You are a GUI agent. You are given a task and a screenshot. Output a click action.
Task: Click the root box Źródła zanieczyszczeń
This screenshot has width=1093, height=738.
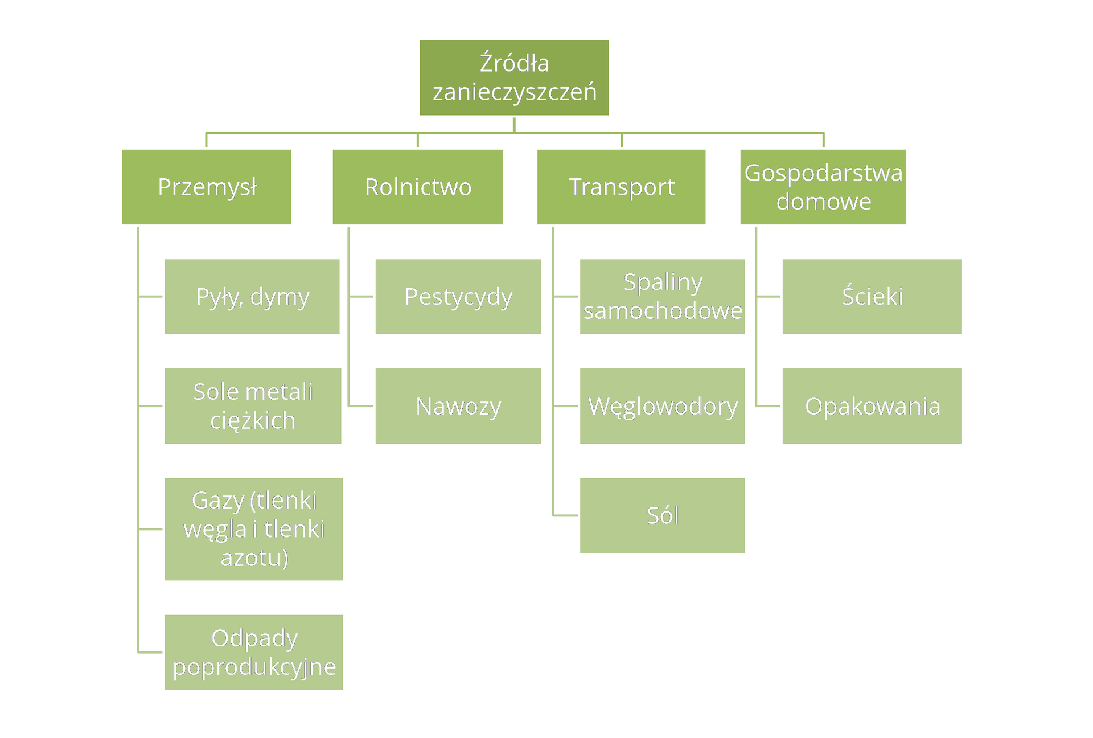(x=514, y=77)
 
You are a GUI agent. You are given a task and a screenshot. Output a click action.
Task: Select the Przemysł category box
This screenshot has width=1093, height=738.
(x=207, y=187)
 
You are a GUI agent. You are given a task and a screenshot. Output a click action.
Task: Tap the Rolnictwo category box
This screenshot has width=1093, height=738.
(x=417, y=187)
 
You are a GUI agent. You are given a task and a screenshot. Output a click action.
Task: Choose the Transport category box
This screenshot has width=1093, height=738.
(x=621, y=187)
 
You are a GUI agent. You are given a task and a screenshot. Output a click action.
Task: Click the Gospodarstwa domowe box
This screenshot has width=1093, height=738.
(x=823, y=187)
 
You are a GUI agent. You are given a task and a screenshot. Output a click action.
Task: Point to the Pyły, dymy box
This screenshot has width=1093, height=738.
(x=252, y=297)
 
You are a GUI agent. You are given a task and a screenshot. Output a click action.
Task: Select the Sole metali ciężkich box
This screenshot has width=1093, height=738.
(x=253, y=406)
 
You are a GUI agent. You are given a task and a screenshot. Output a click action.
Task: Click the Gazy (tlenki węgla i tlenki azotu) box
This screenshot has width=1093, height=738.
(x=253, y=529)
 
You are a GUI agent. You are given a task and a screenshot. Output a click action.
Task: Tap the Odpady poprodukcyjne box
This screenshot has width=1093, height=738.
(x=253, y=652)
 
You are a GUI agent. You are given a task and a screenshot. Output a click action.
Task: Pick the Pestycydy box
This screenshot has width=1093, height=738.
(x=458, y=297)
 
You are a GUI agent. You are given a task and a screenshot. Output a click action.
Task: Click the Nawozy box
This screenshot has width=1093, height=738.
(x=458, y=406)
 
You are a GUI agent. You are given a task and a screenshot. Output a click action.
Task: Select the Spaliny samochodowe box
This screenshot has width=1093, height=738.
(x=662, y=297)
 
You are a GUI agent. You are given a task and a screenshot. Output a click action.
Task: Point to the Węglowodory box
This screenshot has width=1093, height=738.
(x=662, y=406)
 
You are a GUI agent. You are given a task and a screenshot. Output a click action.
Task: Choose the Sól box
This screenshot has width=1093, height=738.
(x=662, y=515)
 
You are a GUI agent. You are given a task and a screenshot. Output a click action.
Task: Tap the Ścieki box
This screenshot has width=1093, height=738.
(x=872, y=297)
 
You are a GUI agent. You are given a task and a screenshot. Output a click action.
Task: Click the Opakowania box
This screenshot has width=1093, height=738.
(x=872, y=406)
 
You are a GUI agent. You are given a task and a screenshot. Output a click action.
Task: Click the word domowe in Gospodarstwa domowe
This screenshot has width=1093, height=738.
(x=824, y=202)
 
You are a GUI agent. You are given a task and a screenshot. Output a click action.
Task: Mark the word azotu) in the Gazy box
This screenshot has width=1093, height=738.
(x=254, y=558)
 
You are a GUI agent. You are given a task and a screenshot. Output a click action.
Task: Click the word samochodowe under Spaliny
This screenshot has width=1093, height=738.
(x=663, y=311)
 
